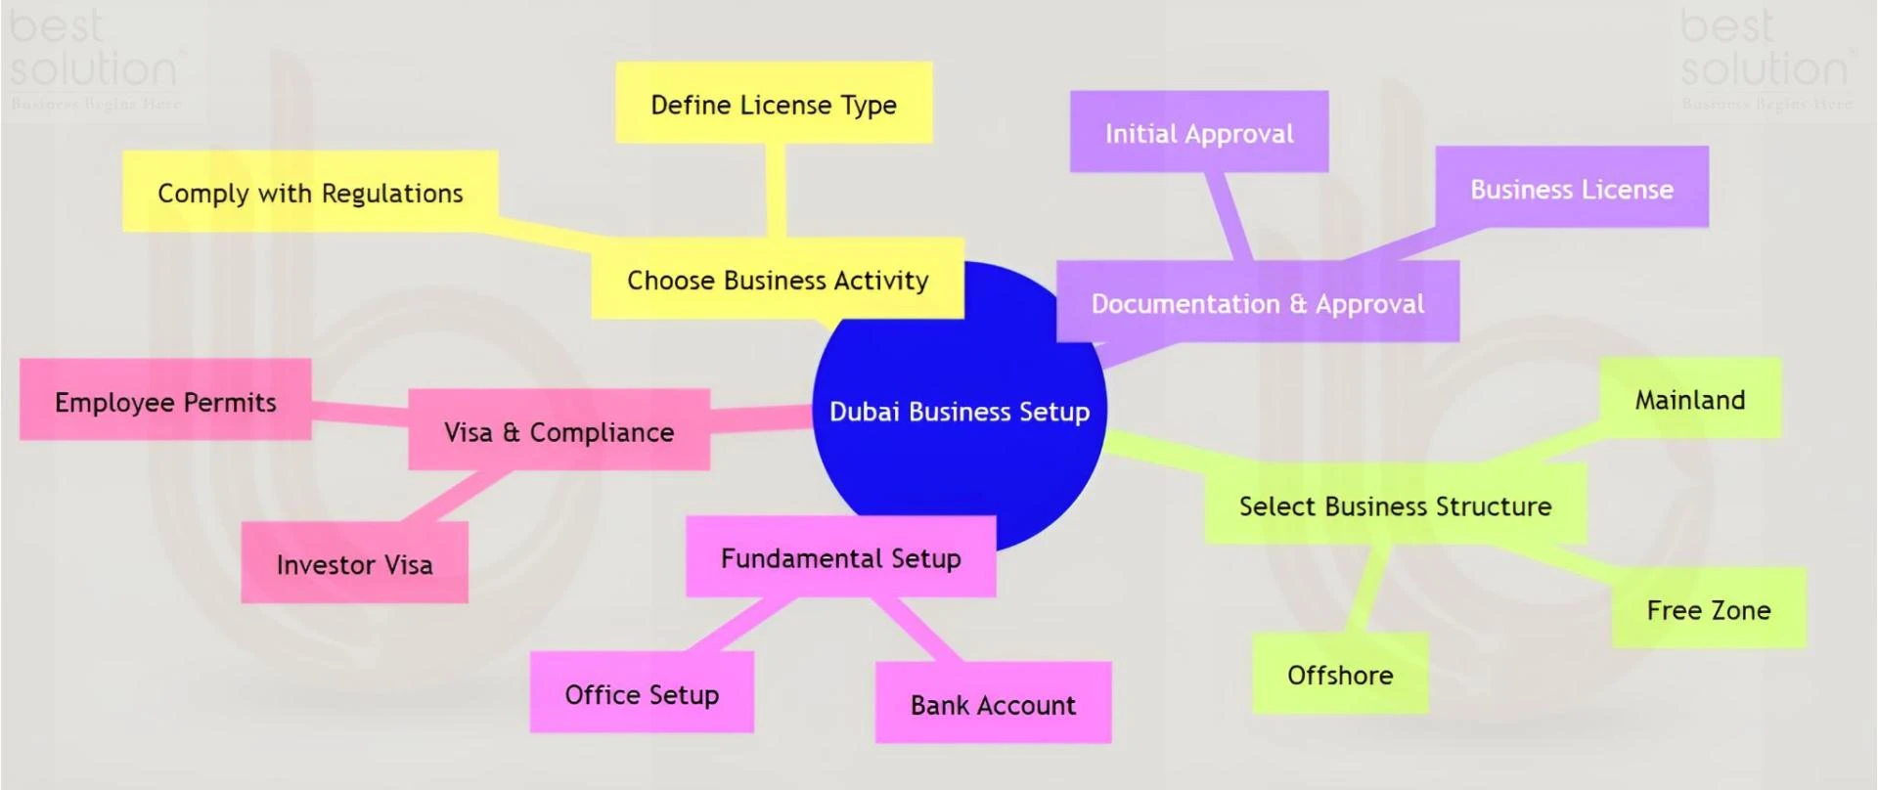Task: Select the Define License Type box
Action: (774, 104)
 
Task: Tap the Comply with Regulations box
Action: (310, 193)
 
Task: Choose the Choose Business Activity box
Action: (778, 280)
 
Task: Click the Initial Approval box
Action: (1199, 133)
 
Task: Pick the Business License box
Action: (1572, 188)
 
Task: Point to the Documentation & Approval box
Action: (1258, 303)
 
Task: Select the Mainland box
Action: (1690, 399)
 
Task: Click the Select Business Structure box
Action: (1395, 505)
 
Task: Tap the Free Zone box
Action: (1709, 609)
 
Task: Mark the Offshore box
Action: (1340, 675)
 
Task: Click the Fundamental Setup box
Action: (841, 557)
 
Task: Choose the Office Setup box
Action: (642, 694)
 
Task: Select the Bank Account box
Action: (993, 704)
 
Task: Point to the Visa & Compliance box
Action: (559, 431)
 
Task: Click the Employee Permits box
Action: (165, 401)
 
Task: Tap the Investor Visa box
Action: (354, 564)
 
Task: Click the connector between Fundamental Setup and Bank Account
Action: (914, 629)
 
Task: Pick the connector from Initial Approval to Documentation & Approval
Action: (1230, 216)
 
